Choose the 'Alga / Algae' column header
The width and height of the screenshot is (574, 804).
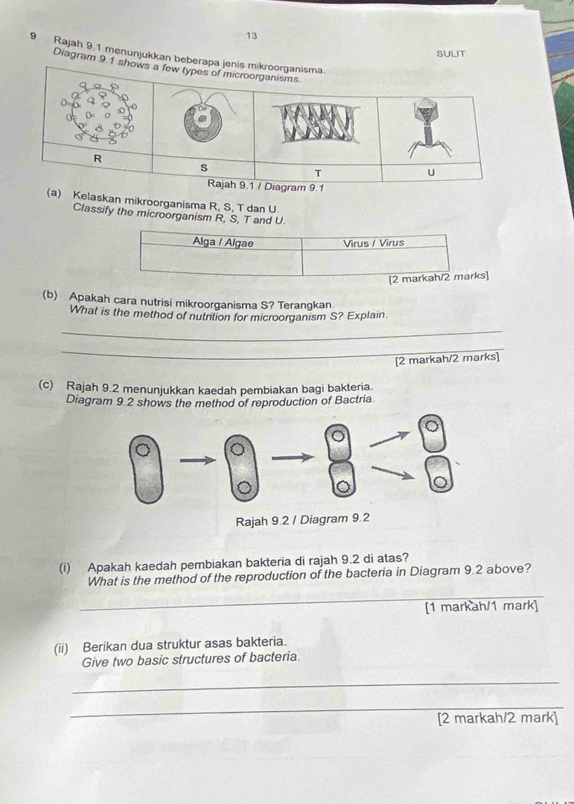(222, 243)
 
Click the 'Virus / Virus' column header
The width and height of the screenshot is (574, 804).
(374, 243)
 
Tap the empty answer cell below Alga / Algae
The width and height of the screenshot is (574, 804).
(222, 261)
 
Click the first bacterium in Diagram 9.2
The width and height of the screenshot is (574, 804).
(146, 469)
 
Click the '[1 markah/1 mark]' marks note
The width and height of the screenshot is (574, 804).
(481, 606)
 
